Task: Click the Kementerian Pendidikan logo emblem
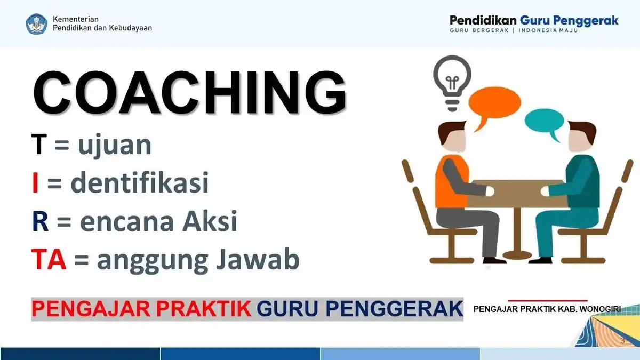click(x=37, y=24)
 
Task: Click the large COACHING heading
click(x=189, y=93)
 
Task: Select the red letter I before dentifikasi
click(x=35, y=183)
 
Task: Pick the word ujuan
click(x=114, y=146)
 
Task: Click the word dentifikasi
click(x=139, y=183)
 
